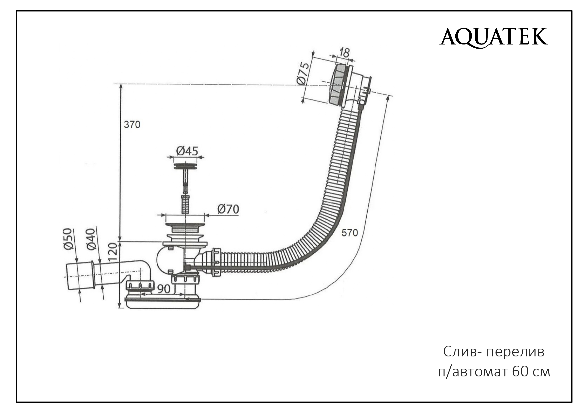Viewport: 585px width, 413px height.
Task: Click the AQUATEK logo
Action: (494, 37)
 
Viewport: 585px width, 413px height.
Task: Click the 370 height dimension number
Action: (132, 125)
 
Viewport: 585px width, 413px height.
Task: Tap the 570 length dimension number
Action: (349, 232)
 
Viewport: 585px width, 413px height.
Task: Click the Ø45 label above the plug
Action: (187, 151)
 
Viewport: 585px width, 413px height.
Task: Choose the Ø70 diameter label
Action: (228, 209)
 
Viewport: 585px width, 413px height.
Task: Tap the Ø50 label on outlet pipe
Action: (68, 239)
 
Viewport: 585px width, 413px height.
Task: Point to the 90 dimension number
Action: (164, 289)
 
